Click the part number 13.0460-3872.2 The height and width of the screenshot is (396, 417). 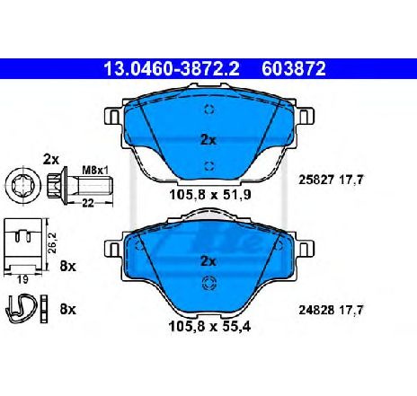[x=172, y=69]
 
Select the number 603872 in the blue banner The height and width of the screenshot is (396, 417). [x=294, y=69]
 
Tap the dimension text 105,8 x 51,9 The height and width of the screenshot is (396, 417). [x=210, y=195]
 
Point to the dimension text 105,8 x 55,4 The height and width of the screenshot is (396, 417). [x=209, y=326]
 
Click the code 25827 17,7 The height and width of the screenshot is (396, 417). [x=331, y=180]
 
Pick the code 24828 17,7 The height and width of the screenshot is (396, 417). [x=331, y=310]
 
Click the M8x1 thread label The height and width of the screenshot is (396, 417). [x=95, y=171]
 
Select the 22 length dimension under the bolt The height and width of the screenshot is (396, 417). [x=88, y=204]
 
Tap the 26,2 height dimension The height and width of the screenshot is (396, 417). [x=53, y=243]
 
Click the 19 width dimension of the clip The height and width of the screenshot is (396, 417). [x=22, y=280]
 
